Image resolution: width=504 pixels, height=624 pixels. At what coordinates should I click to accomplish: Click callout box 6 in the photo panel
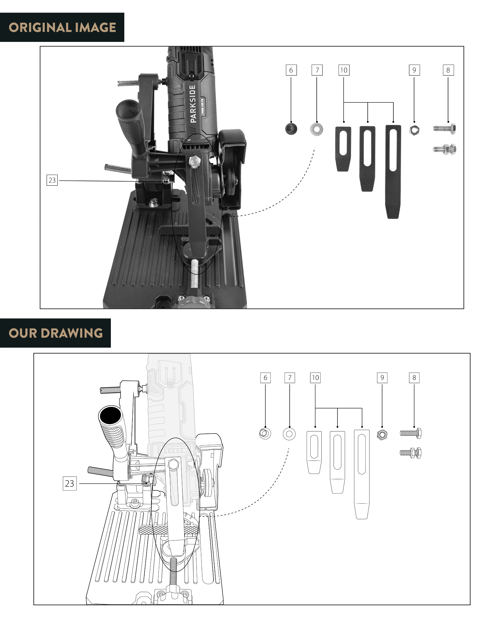291,70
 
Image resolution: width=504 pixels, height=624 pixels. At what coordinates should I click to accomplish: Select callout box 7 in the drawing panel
289,378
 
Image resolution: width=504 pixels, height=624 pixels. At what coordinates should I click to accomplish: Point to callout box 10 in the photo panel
344,70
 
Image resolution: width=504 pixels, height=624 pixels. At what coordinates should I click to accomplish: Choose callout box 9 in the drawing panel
382,378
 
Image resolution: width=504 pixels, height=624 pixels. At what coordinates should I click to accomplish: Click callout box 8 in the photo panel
448,70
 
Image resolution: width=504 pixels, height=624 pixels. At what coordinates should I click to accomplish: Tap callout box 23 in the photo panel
52,180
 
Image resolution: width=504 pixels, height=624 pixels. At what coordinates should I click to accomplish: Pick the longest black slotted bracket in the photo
393,171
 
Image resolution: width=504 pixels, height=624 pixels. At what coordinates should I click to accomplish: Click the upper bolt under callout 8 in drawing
410,433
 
